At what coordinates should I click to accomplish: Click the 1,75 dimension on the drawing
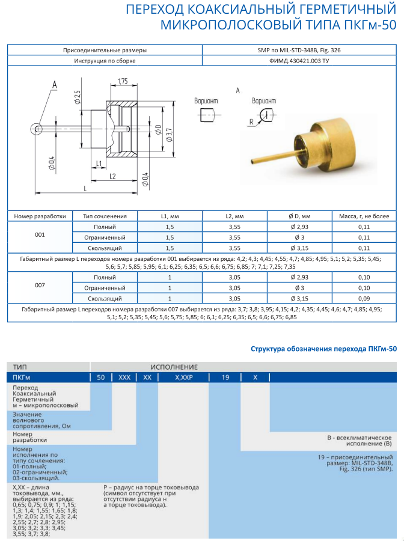(122, 81)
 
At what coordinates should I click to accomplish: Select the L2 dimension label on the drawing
(112, 176)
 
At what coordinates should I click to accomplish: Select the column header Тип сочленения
(105, 215)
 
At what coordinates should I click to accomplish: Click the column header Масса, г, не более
(364, 215)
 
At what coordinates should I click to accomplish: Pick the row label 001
(40, 237)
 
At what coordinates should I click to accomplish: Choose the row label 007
(40, 287)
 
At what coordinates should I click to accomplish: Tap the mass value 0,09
(364, 298)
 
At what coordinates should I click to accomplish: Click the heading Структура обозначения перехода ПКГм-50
(323, 349)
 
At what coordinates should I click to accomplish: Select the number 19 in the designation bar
(225, 377)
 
